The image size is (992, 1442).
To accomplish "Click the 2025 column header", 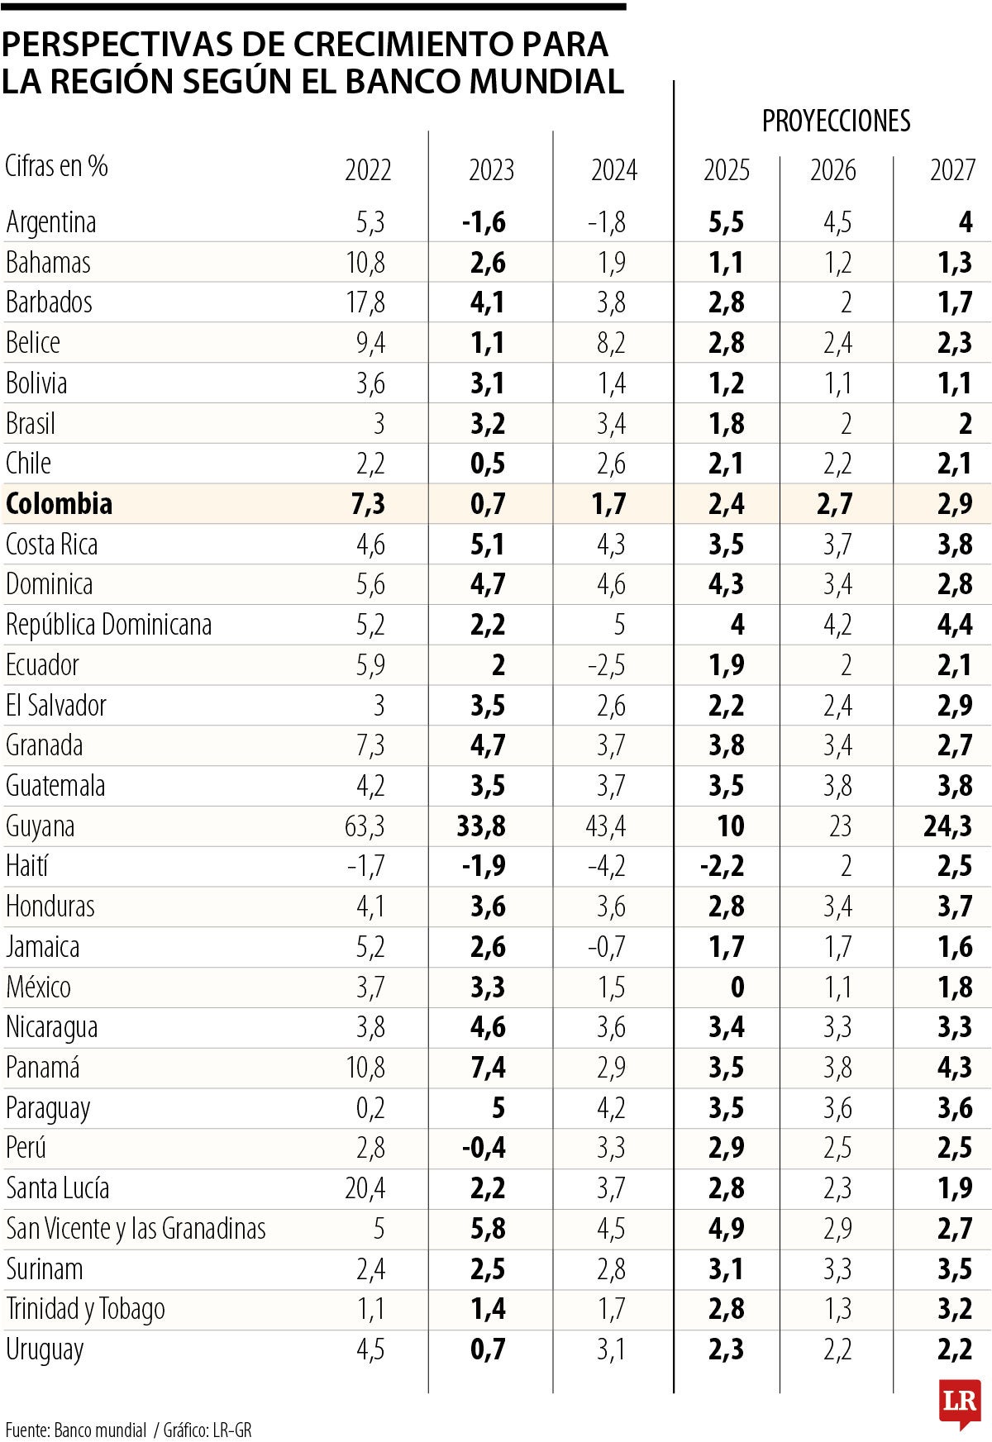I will click(x=726, y=170).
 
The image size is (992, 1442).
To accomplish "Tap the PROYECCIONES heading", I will click(x=836, y=121).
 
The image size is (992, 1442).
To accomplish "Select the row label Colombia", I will click(x=59, y=503).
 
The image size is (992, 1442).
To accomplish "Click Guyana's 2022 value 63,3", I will click(x=365, y=826).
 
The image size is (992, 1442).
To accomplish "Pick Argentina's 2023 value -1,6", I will click(x=484, y=221).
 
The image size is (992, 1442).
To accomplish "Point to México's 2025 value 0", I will click(x=737, y=987).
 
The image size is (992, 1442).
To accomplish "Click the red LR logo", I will click(x=959, y=1402).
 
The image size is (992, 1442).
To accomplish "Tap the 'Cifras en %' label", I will click(x=56, y=166).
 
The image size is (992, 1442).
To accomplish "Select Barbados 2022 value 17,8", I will click(x=365, y=302).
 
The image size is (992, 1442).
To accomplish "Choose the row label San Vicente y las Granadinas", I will click(x=136, y=1229).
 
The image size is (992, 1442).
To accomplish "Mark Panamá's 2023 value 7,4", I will click(x=487, y=1067).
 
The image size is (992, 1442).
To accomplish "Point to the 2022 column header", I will click(x=368, y=170).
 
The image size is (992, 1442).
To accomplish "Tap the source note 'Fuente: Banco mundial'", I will click(x=75, y=1430).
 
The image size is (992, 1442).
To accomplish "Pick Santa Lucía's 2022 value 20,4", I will click(x=365, y=1188).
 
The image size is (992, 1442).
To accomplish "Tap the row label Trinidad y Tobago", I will click(x=85, y=1309).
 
